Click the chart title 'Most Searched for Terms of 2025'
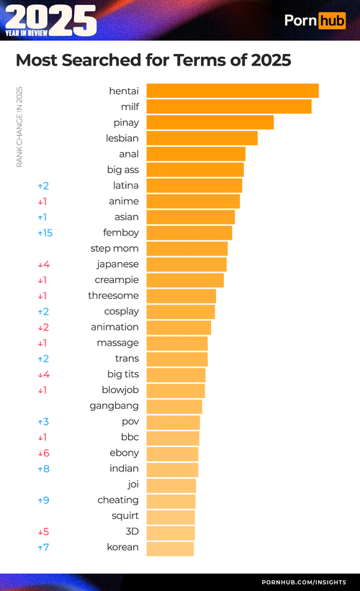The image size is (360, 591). pos(153,60)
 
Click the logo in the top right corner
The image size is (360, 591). pos(315,20)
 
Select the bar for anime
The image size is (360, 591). pos(193,202)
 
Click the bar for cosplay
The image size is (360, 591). pos(181,312)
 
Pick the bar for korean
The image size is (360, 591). pos(170,549)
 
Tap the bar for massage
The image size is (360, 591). pos(177,343)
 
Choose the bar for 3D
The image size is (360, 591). pos(171,533)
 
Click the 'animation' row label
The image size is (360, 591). pos(114,328)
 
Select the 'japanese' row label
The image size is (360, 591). pos(117,264)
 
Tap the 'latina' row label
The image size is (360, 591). pos(126,186)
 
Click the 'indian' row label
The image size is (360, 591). pos(124,469)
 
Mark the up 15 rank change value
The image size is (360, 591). pos(45,233)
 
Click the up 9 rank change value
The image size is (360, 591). pos(43,500)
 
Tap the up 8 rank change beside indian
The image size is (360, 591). pos(43,469)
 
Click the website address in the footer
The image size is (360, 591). pos(303,582)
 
